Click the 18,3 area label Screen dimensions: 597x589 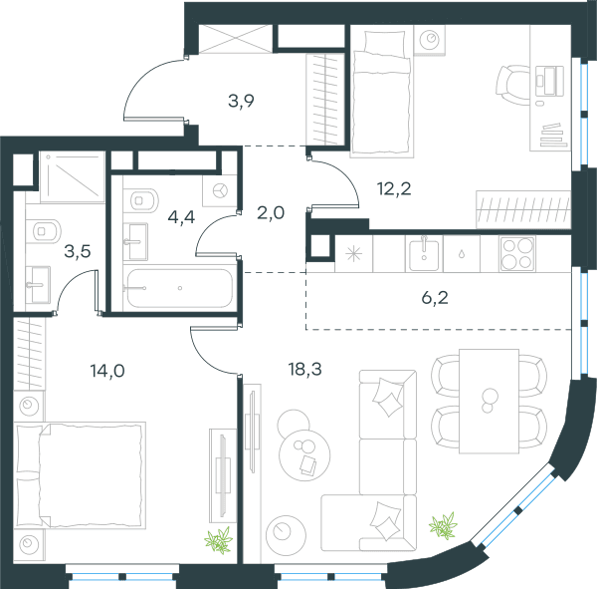click(x=305, y=370)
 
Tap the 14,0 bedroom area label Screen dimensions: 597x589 click(x=107, y=371)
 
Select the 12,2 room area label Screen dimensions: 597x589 click(x=394, y=188)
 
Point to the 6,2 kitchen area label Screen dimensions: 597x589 click(x=435, y=298)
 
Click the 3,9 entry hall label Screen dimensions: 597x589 click(x=241, y=101)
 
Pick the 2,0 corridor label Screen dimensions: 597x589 click(x=271, y=213)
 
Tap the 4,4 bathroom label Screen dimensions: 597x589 click(x=181, y=217)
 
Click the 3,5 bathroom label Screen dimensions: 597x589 click(x=78, y=251)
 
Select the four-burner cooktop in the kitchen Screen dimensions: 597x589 click(x=517, y=253)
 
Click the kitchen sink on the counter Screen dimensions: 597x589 click(x=424, y=253)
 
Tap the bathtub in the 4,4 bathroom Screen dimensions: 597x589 click(x=180, y=288)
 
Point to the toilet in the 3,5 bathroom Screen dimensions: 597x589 click(x=44, y=231)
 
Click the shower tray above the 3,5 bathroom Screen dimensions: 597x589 click(x=73, y=176)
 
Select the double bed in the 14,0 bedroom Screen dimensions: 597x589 click(x=80, y=475)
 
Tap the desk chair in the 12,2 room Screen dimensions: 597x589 click(x=512, y=84)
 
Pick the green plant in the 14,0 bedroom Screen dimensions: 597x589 click(x=219, y=540)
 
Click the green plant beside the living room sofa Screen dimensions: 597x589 click(x=443, y=525)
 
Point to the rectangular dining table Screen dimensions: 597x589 click(x=489, y=402)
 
